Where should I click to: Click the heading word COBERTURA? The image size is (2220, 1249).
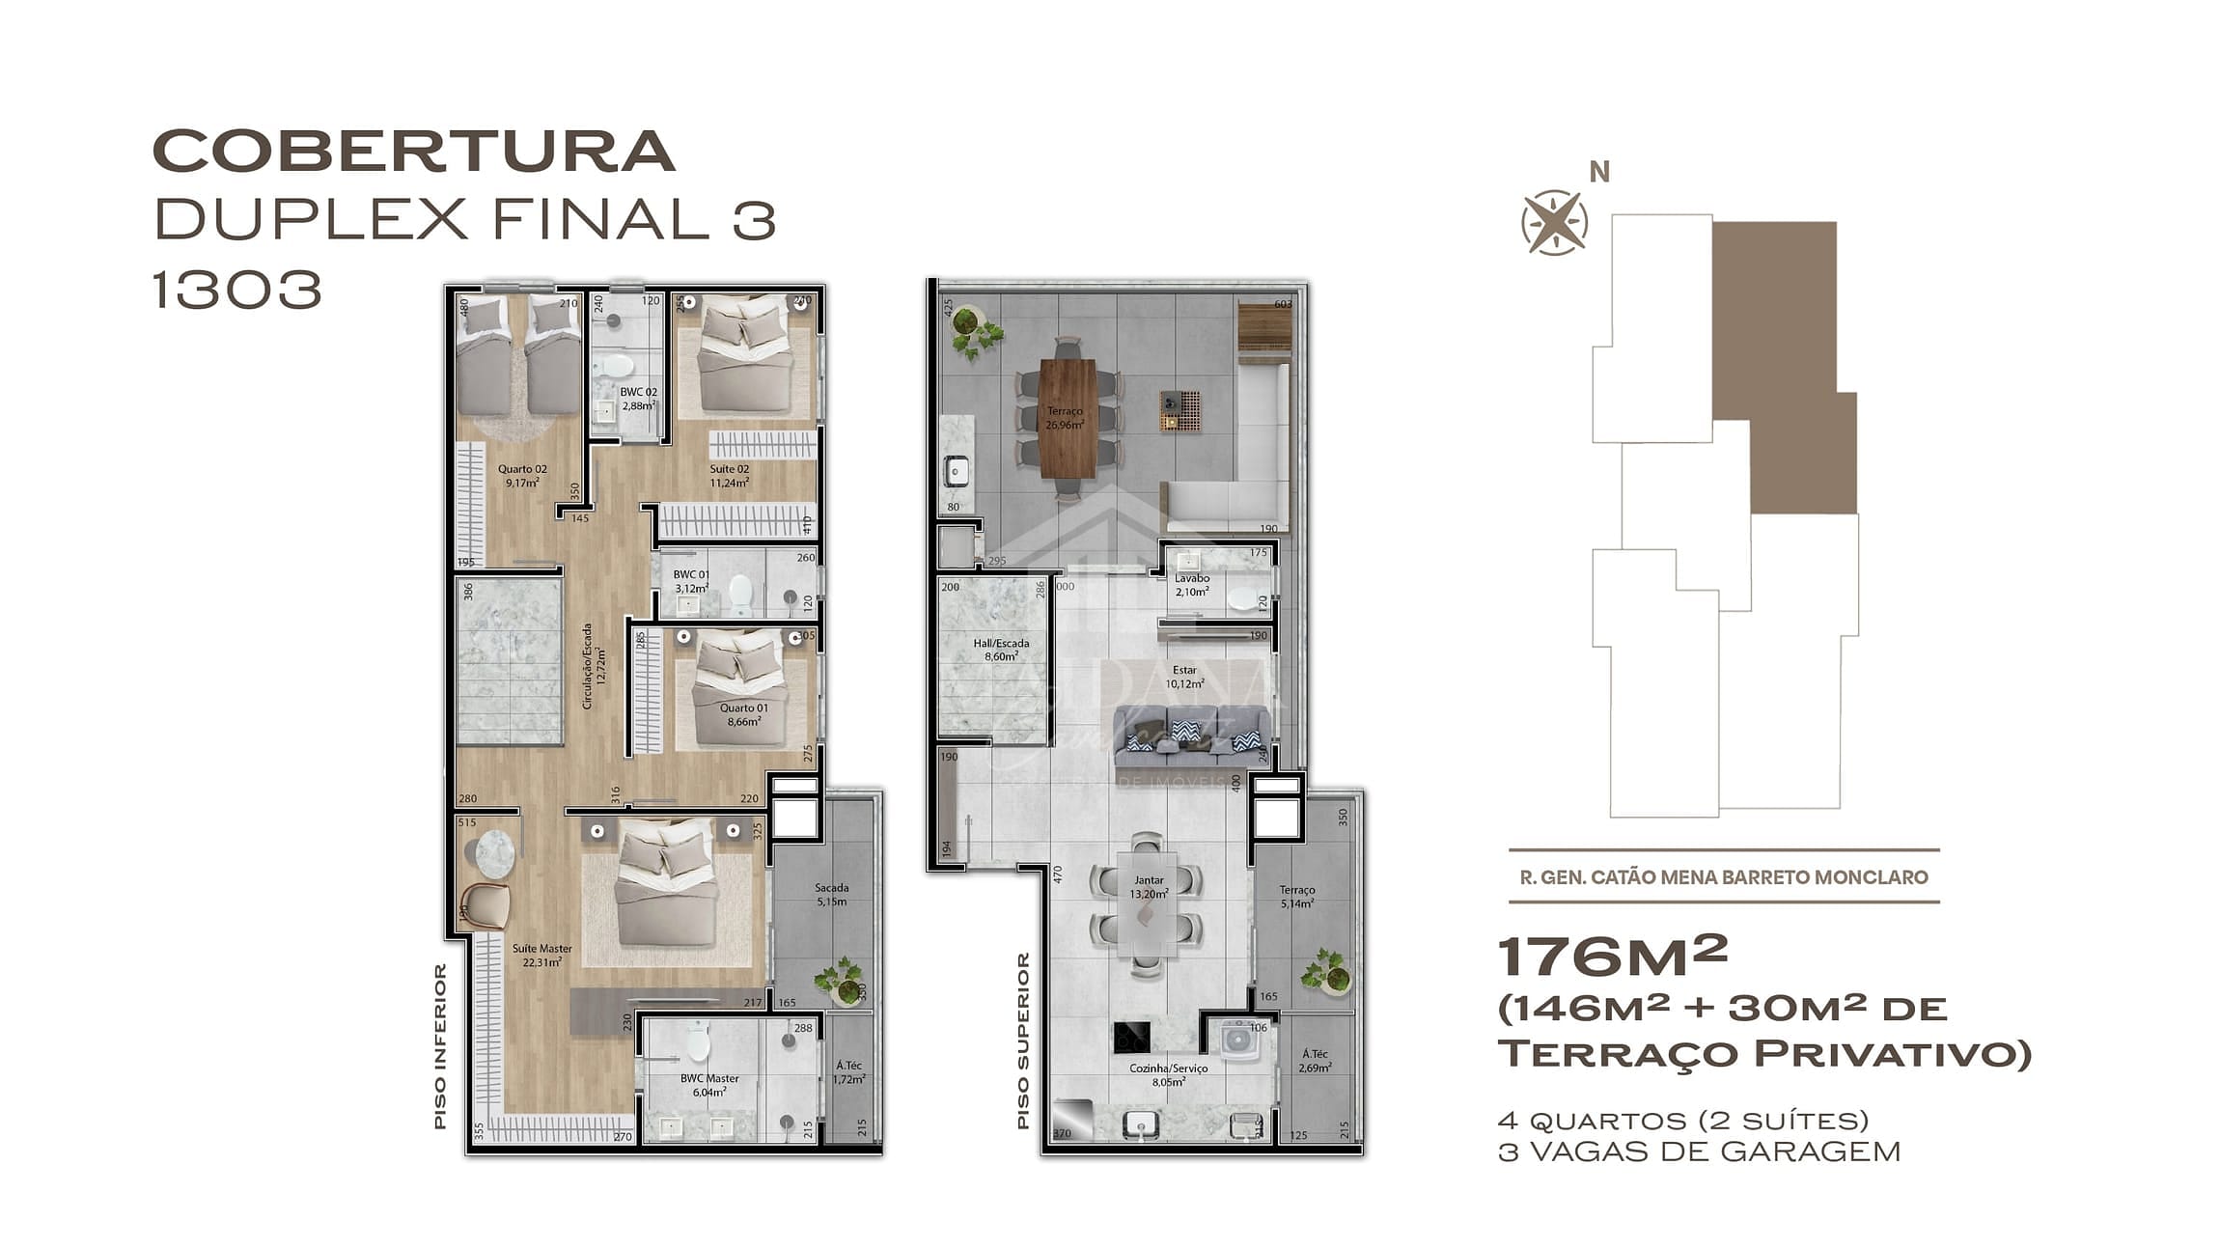point(413,152)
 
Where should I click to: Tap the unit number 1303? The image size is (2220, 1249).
point(236,290)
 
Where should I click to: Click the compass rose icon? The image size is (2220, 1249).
point(1554,223)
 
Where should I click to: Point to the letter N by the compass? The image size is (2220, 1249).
point(1599,173)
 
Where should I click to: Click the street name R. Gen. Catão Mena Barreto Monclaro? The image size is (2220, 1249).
point(1723,877)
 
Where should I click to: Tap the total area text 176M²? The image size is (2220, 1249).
point(1611,957)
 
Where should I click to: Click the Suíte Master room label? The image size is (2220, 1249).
point(541,955)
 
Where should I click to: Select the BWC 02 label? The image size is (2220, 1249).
point(638,399)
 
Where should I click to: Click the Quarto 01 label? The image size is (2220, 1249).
point(743,714)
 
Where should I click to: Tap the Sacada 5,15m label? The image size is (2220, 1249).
point(831,894)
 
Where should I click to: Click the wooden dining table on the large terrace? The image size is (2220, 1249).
point(1068,417)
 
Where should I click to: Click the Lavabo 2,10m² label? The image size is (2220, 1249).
point(1191,585)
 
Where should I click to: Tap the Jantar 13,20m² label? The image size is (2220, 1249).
point(1149,886)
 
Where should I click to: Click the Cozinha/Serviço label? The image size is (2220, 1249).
point(1168,1074)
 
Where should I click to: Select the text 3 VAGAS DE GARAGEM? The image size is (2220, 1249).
point(1698,1152)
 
